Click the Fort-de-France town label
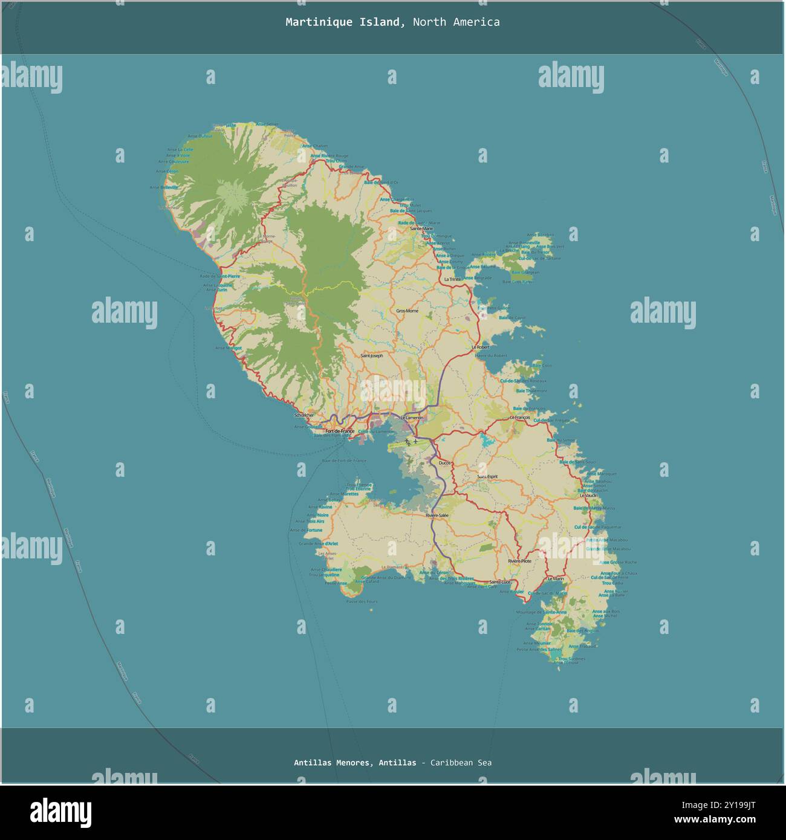click(x=340, y=431)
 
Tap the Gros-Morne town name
click(x=407, y=311)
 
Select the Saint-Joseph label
click(x=372, y=356)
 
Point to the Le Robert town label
click(x=481, y=347)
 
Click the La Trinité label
click(x=452, y=280)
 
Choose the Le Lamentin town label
click(x=412, y=418)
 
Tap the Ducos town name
click(x=445, y=463)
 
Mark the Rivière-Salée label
click(x=437, y=515)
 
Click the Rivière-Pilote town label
click(x=519, y=561)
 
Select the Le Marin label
click(x=556, y=578)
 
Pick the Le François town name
click(x=520, y=418)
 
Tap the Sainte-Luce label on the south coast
click(x=501, y=582)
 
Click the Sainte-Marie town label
click(x=421, y=229)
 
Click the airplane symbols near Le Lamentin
click(x=412, y=442)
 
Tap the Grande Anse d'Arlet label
click(x=319, y=543)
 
